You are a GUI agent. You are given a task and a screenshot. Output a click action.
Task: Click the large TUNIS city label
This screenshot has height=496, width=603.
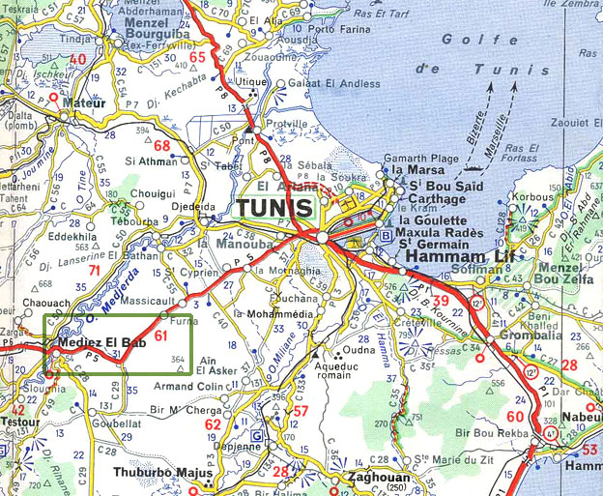(274, 209)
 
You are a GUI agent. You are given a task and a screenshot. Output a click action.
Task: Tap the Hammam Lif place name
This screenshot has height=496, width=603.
(453, 256)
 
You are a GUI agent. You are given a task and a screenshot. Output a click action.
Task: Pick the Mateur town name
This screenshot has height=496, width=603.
(81, 101)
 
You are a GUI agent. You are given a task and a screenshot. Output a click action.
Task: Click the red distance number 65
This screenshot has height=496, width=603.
(198, 58)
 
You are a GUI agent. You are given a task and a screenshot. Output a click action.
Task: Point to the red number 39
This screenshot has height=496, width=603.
(441, 303)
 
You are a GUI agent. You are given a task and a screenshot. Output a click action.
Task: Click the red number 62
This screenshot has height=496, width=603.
(213, 424)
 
